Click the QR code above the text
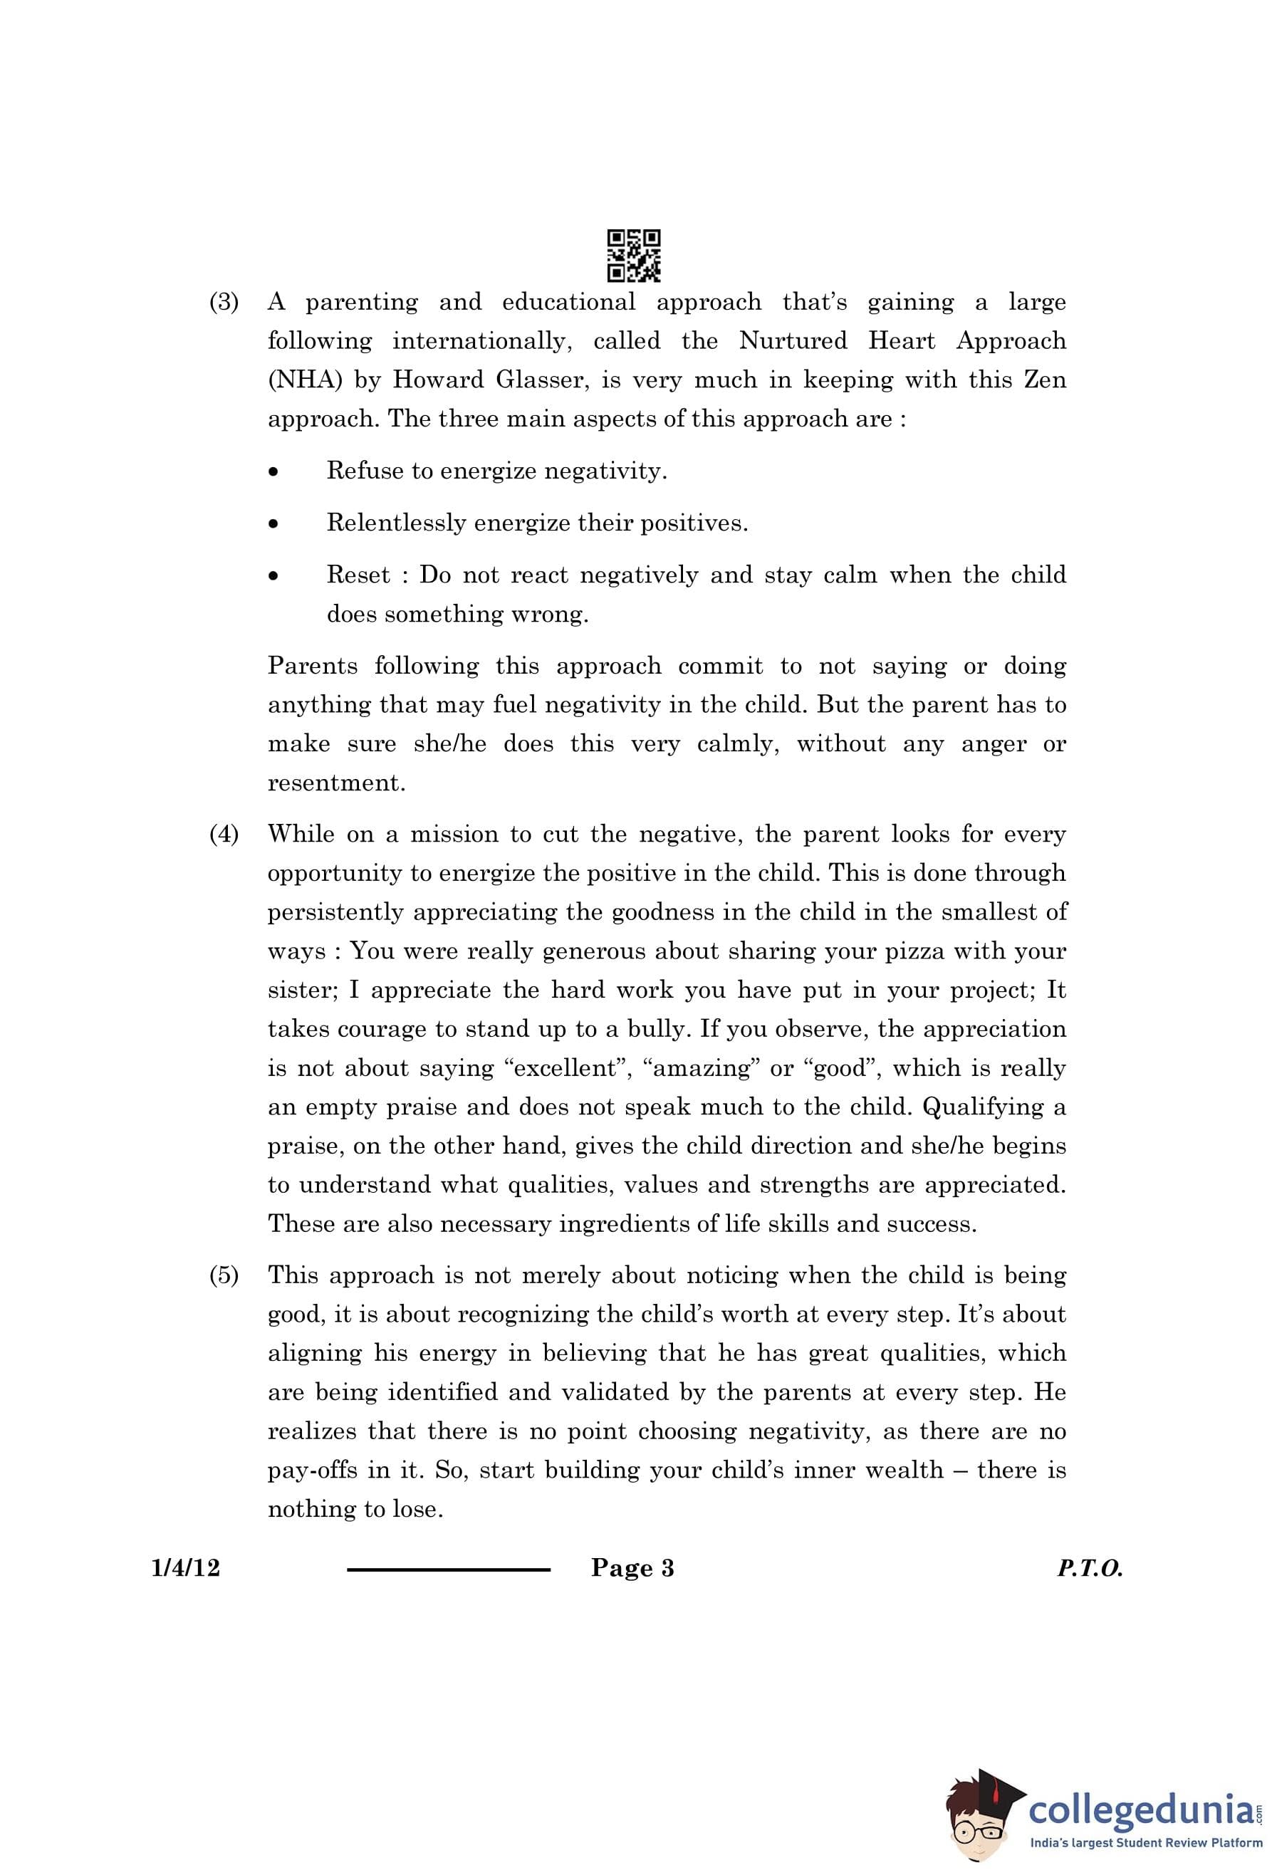[x=633, y=255]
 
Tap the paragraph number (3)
[x=224, y=303]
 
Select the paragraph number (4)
[x=224, y=835]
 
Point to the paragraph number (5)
[x=224, y=1275]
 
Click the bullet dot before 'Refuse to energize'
[x=274, y=472]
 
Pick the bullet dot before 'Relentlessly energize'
[x=274, y=525]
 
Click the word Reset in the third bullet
[x=358, y=575]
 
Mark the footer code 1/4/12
[x=185, y=1567]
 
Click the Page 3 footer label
[x=632, y=1567]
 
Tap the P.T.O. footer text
[x=1090, y=1568]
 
